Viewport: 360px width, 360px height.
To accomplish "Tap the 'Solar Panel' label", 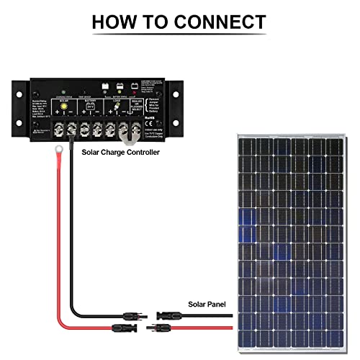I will (207, 305).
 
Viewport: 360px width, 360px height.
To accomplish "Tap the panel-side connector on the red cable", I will (159, 328).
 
